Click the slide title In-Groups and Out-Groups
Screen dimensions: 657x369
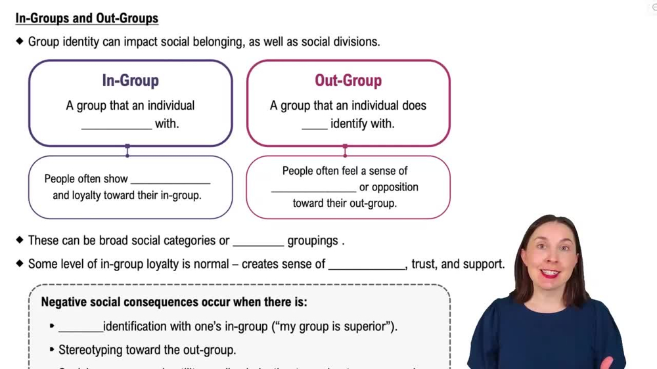tap(87, 18)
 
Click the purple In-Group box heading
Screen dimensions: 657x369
tap(130, 81)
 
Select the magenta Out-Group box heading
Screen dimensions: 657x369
tap(348, 81)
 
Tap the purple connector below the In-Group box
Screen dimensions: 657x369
tap(127, 151)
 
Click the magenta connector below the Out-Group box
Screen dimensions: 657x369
tap(345, 151)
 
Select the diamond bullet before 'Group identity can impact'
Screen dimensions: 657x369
tap(20, 41)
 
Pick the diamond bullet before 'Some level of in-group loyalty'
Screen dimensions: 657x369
tap(20, 263)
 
